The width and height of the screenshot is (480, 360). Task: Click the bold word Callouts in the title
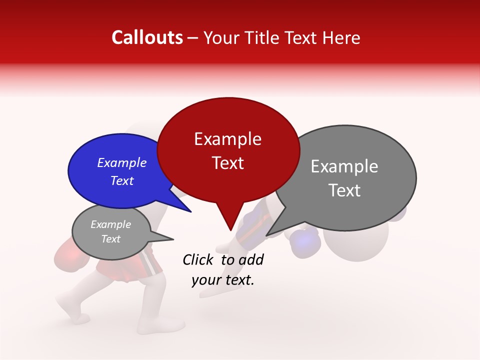pyautogui.click(x=147, y=37)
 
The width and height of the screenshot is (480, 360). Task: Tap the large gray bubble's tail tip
pyautogui.click(x=267, y=235)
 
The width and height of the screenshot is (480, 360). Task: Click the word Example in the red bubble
pyautogui.click(x=227, y=139)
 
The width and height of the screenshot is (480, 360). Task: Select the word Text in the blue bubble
pyautogui.click(x=122, y=181)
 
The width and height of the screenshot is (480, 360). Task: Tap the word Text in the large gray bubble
pyautogui.click(x=345, y=190)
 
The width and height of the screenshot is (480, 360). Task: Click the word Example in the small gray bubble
pyautogui.click(x=110, y=224)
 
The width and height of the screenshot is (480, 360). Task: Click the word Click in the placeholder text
pyautogui.click(x=199, y=259)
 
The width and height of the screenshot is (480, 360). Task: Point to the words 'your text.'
pyautogui.click(x=222, y=280)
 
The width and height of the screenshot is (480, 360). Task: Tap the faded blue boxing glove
pyautogui.click(x=304, y=242)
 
